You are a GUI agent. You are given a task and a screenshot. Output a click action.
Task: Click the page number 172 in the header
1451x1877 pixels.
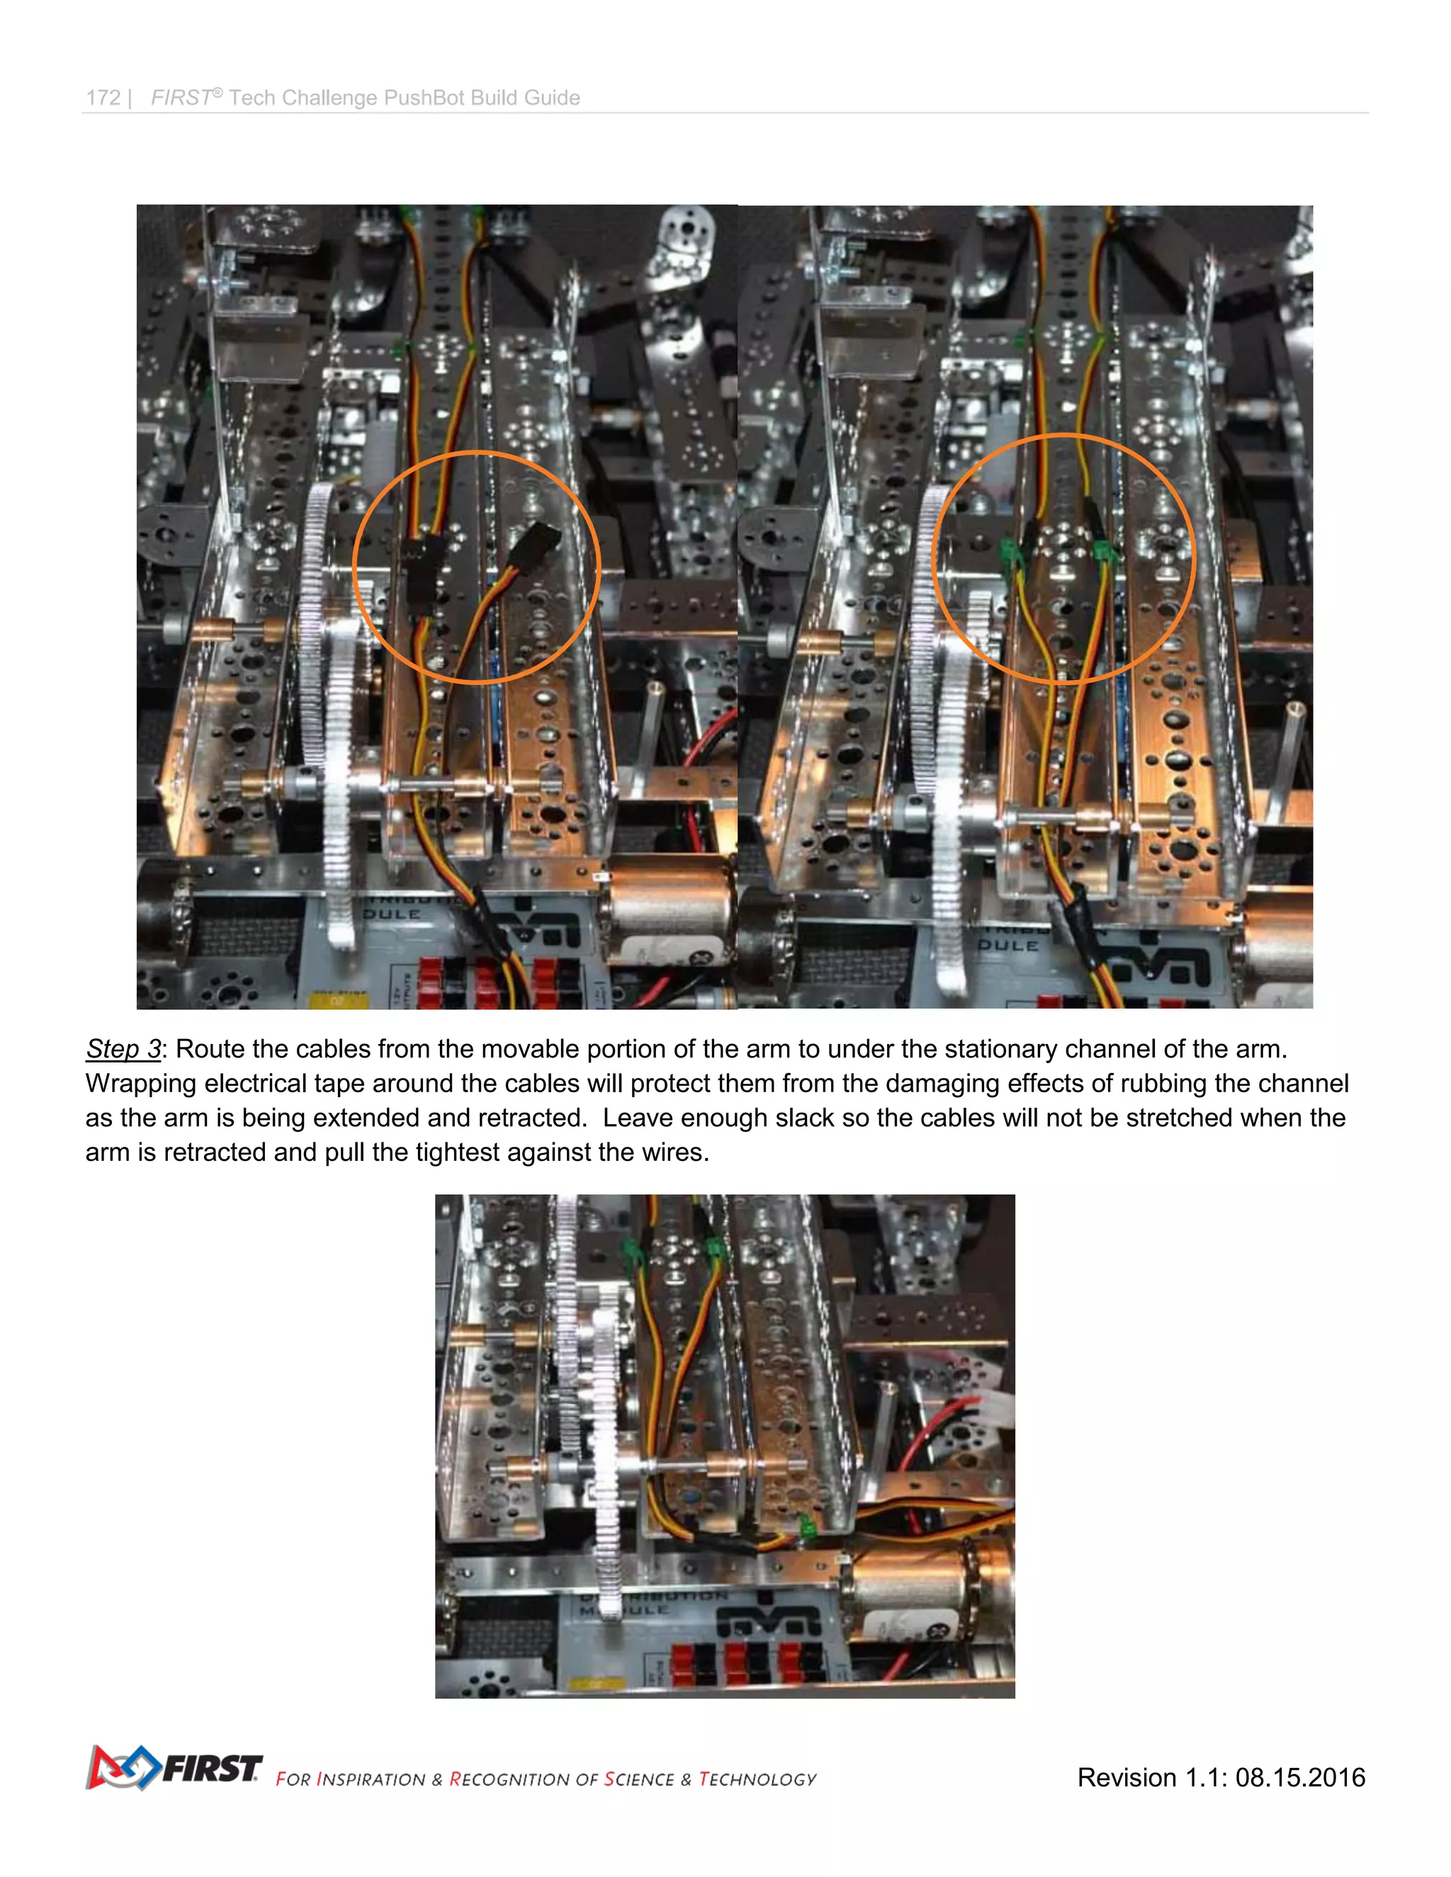(x=103, y=98)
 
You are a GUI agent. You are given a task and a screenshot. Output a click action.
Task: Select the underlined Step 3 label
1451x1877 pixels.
(x=123, y=1050)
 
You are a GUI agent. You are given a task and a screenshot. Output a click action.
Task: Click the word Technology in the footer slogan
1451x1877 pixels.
(x=757, y=1779)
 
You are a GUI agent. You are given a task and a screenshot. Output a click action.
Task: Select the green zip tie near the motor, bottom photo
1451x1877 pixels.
(x=807, y=1526)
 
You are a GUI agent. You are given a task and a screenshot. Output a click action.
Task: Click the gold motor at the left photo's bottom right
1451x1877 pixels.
(x=670, y=911)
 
